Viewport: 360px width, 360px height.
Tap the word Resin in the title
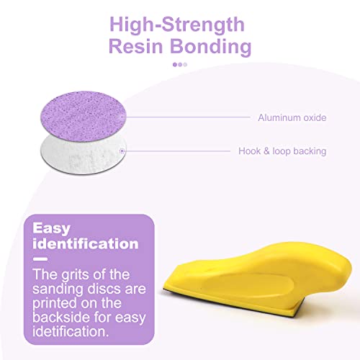click(x=134, y=47)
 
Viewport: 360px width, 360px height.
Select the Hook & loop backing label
click(x=282, y=151)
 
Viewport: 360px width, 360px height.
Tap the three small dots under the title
click(x=180, y=64)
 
